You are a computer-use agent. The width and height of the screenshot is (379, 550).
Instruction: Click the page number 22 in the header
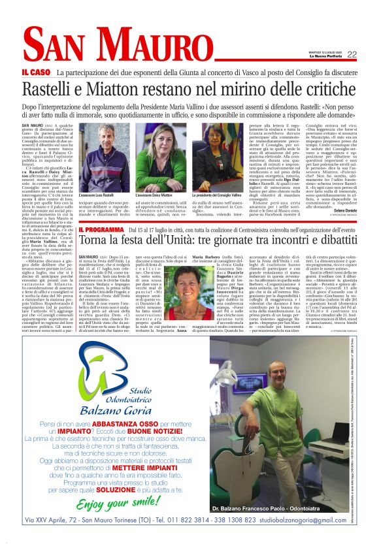coord(352,54)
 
